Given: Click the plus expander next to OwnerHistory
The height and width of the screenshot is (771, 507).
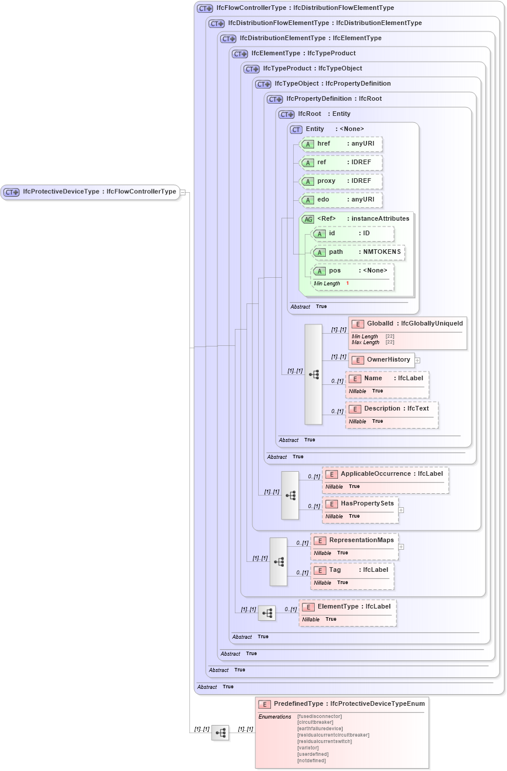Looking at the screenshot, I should coord(418,360).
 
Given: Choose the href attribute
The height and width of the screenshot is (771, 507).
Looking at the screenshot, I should coord(340,143).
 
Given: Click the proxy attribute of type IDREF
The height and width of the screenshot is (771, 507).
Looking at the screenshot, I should coord(340,181).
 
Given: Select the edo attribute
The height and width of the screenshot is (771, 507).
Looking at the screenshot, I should coord(340,199).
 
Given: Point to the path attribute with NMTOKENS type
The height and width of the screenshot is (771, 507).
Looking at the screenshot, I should coord(358,252).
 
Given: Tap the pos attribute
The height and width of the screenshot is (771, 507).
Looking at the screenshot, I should coord(352,270).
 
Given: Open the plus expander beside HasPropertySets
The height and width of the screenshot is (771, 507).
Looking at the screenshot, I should coord(401,510).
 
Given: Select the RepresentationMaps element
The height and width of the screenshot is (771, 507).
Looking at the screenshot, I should coord(354,540).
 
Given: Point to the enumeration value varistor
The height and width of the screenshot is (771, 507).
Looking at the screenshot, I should coord(308,748).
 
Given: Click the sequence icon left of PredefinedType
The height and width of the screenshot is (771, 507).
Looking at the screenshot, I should coord(220,733).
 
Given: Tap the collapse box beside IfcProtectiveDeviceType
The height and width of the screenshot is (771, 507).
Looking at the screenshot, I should coord(183,192).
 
